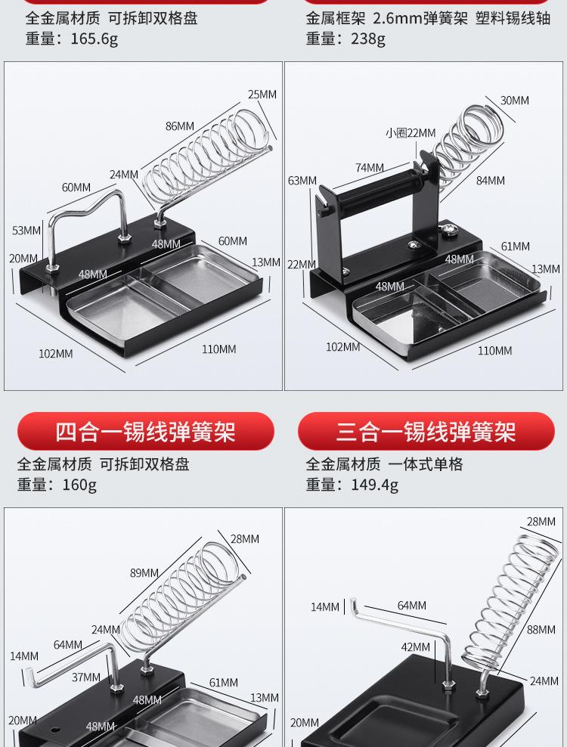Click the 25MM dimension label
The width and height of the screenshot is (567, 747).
pyautogui.click(x=262, y=95)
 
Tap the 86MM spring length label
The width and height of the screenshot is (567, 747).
pyautogui.click(x=180, y=126)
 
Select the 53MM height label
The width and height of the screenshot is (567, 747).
pyautogui.click(x=26, y=230)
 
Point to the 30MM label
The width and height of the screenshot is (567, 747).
pyautogui.click(x=514, y=101)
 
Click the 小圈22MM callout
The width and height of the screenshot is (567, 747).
pyautogui.click(x=411, y=133)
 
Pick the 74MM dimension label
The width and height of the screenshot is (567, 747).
pyautogui.click(x=370, y=168)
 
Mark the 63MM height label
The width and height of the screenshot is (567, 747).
pyautogui.click(x=302, y=181)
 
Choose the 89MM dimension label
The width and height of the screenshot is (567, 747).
pyautogui.click(x=144, y=573)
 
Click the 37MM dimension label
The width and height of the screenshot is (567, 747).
pyautogui.click(x=85, y=677)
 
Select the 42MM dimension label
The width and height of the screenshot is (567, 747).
pyautogui.click(x=415, y=646)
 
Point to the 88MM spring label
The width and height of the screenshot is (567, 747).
pyautogui.click(x=541, y=630)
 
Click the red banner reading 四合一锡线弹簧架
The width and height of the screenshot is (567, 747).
pyautogui.click(x=145, y=432)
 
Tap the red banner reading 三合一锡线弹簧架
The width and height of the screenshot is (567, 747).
pyautogui.click(x=426, y=432)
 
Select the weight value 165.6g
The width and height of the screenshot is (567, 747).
pyautogui.click(x=94, y=39)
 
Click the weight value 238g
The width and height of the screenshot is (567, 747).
pyautogui.click(x=367, y=39)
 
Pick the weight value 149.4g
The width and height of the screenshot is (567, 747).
pyautogui.click(x=374, y=485)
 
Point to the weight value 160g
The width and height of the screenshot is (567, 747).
pyautogui.click(x=79, y=485)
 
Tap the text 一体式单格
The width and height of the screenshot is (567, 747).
pyautogui.click(x=426, y=464)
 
